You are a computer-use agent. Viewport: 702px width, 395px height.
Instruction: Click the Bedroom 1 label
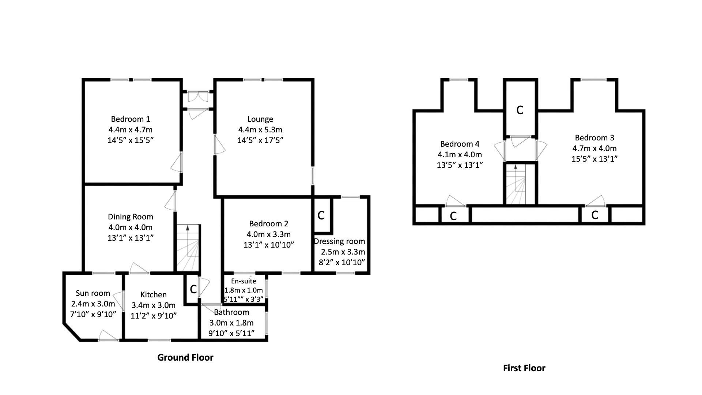(131, 119)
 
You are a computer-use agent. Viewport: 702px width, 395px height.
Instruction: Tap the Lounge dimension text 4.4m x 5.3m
(260, 129)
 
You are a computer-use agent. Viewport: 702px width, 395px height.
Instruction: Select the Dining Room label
(130, 217)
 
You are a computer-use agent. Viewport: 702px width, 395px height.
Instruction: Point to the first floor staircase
(516, 184)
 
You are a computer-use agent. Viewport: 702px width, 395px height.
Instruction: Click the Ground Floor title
(185, 357)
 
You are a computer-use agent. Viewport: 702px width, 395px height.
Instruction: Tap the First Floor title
(524, 368)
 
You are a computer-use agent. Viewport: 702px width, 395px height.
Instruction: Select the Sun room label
(93, 293)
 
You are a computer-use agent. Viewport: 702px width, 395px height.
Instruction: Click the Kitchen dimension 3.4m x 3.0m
(154, 305)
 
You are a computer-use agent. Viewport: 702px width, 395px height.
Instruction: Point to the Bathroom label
(231, 312)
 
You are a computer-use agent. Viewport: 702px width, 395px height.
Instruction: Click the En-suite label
(244, 281)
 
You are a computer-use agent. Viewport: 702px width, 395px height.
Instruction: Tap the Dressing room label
(339, 241)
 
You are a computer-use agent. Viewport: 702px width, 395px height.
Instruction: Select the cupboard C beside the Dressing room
(321, 215)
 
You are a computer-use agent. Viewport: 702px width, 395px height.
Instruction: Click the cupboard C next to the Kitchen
(193, 289)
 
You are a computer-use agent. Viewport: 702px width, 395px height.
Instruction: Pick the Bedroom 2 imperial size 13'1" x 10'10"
(269, 245)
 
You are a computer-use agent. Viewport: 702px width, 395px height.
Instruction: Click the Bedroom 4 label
(460, 144)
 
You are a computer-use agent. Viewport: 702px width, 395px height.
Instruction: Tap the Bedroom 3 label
(594, 138)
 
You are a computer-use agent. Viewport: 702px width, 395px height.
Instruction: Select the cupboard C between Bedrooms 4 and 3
(520, 110)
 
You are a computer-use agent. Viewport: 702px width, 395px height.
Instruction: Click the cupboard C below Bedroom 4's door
(453, 216)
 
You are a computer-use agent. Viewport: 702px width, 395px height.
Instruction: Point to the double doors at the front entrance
(197, 97)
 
